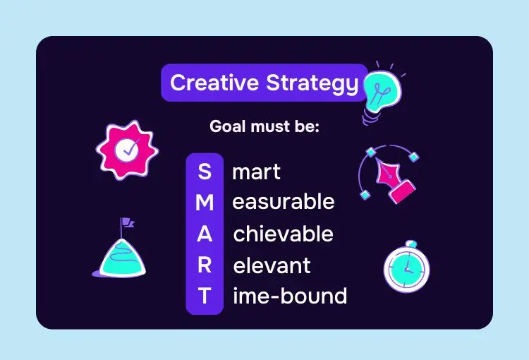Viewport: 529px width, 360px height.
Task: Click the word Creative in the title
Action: pos(214,83)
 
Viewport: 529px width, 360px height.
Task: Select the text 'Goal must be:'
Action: pos(264,126)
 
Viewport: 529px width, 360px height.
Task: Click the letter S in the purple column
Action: pos(205,172)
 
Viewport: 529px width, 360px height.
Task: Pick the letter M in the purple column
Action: pos(205,203)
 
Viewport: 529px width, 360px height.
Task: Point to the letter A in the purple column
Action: pos(205,234)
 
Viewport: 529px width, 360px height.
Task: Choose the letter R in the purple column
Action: pos(205,265)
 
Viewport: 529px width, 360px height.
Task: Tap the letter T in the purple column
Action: pos(205,296)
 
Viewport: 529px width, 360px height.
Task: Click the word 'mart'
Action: pos(257,172)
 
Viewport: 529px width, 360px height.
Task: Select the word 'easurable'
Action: pos(284,202)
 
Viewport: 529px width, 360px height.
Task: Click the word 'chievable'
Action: pos(284,234)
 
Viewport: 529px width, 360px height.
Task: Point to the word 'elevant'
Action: pos(272,265)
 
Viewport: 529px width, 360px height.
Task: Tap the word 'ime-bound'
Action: pos(290,296)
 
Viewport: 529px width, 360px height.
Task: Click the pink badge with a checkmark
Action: pos(127,150)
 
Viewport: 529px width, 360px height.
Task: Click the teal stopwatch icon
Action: pos(407,267)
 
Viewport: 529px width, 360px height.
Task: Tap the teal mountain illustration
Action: pos(120,258)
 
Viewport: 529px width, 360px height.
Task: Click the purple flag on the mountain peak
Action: pos(128,222)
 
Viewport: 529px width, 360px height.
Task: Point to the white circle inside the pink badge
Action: pos(126,150)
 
